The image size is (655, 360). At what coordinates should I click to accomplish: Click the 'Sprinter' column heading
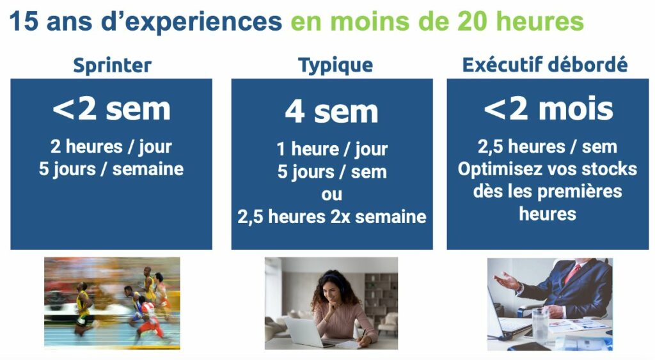click(x=112, y=66)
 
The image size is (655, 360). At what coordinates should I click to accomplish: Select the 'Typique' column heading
click(x=335, y=66)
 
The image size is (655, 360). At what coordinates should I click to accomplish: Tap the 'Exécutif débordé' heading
click(x=545, y=65)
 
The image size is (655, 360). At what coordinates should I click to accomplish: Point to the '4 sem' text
click(x=332, y=112)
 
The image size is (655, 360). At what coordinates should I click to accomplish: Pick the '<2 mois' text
click(x=548, y=109)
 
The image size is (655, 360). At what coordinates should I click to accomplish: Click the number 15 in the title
click(x=24, y=21)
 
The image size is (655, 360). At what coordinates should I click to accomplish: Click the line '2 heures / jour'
click(x=111, y=147)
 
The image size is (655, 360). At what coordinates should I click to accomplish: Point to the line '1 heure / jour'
click(x=332, y=149)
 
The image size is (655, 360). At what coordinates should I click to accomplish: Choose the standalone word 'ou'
click(x=332, y=194)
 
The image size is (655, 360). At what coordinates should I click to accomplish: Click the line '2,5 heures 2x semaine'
click(x=332, y=217)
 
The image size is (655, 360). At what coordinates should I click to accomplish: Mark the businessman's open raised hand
click(x=507, y=281)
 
